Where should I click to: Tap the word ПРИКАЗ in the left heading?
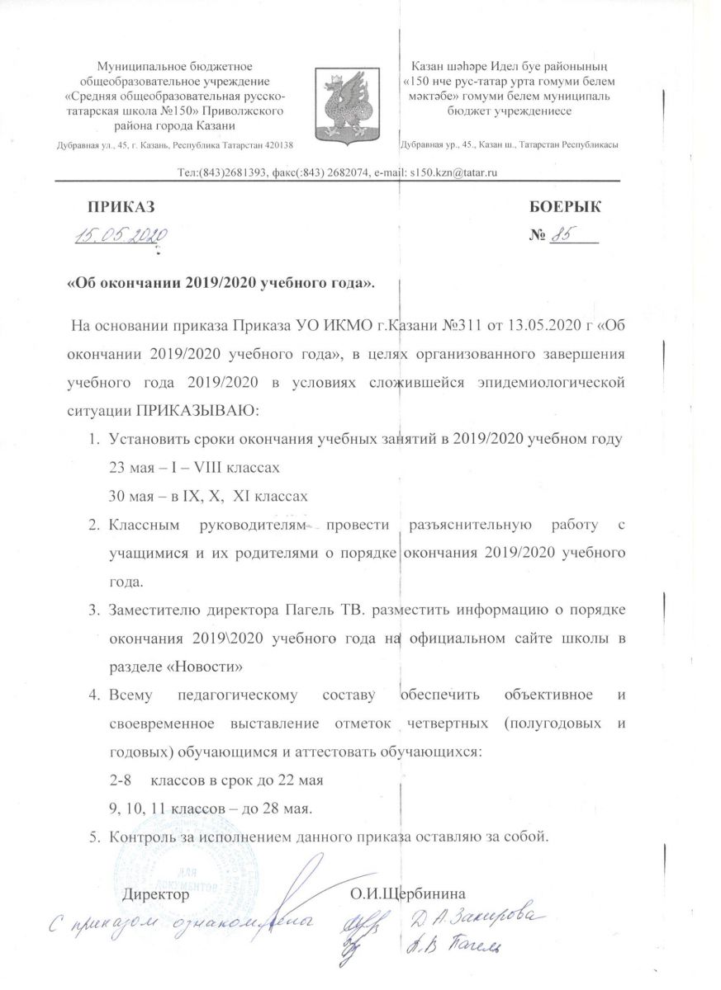(x=121, y=206)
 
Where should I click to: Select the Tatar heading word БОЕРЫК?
(x=565, y=206)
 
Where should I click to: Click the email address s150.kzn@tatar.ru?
(x=448, y=172)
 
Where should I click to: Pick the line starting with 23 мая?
(x=194, y=468)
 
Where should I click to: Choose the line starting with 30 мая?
(x=208, y=496)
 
